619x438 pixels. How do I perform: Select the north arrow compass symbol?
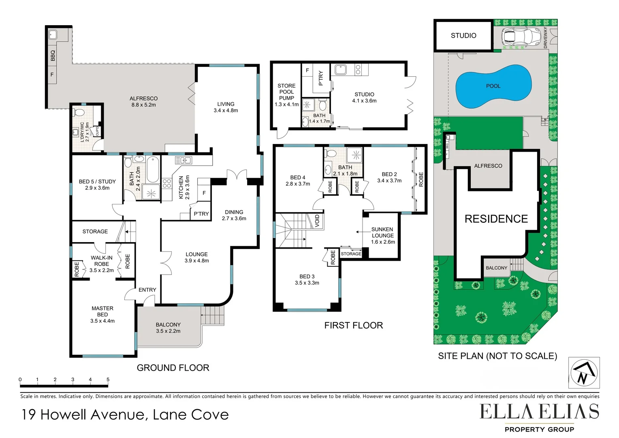(x=583, y=373)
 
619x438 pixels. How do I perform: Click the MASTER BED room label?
(x=102, y=314)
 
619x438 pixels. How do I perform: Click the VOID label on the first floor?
(x=317, y=221)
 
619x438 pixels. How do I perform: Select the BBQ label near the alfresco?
(x=53, y=56)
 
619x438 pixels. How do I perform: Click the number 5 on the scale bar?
(x=108, y=380)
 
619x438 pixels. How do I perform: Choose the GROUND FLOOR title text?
(x=173, y=368)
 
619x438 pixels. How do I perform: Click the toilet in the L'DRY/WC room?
(x=79, y=112)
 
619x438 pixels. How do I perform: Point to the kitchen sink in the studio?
(x=340, y=70)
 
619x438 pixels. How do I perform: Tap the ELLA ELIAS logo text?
(x=539, y=412)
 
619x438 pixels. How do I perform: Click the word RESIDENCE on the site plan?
(x=496, y=219)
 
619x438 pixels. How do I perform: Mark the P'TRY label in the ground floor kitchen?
(x=201, y=214)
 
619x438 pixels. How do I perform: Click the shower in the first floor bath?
(x=356, y=155)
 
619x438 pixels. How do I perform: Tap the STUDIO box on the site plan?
(x=463, y=36)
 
